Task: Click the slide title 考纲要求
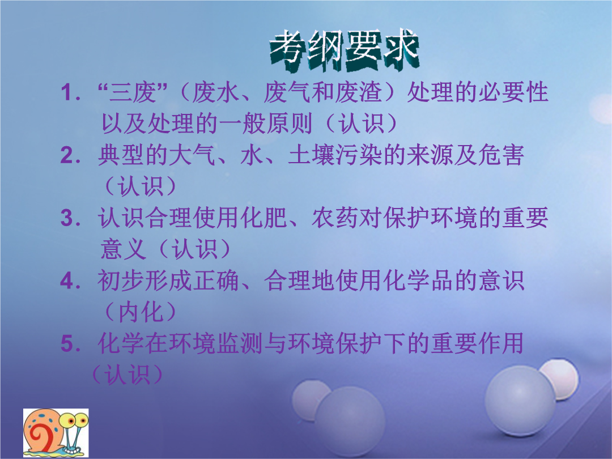[x=345, y=51]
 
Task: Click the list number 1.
[x=71, y=93]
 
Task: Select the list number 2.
[x=71, y=156]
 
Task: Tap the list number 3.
[x=71, y=218]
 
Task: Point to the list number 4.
[x=71, y=280]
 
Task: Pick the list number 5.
[x=71, y=343]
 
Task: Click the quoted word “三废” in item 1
[x=133, y=93]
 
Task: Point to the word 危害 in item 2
[x=501, y=155]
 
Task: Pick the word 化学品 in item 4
[x=419, y=280]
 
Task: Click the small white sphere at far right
[x=559, y=378]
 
